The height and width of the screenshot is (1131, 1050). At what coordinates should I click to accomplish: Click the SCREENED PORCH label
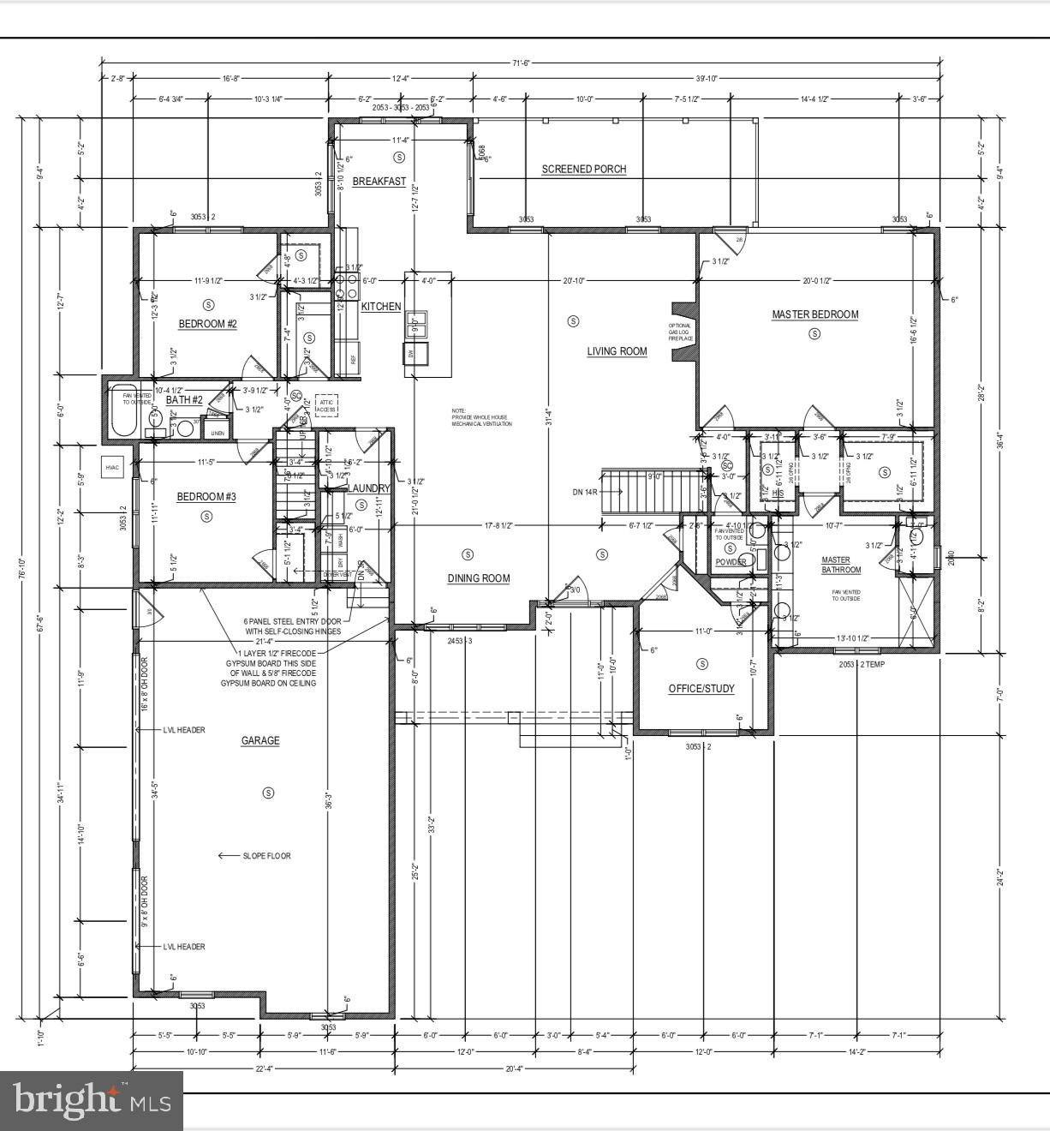(583, 169)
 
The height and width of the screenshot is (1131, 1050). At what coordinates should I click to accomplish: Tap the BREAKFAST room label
(379, 182)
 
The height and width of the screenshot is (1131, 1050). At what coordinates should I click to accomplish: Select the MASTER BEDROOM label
(814, 314)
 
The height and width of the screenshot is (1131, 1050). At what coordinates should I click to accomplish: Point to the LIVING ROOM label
(617, 351)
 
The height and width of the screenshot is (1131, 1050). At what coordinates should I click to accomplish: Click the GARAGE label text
(260, 740)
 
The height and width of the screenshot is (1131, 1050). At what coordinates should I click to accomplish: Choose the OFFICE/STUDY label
(701, 689)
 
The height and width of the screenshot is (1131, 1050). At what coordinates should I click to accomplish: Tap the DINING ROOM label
(478, 578)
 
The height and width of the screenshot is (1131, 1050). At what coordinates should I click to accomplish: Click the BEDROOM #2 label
(207, 323)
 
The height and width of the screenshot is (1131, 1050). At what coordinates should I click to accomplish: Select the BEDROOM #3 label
(206, 497)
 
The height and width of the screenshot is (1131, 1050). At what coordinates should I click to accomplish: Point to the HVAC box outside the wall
(112, 468)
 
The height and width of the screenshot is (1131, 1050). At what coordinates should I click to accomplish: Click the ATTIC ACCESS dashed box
(327, 405)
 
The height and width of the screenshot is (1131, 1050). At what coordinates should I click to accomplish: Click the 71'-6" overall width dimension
(521, 62)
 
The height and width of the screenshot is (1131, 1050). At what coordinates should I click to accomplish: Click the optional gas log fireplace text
(681, 332)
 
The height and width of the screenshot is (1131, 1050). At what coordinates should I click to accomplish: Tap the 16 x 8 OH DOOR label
(144, 684)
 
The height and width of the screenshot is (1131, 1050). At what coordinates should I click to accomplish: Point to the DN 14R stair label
(584, 492)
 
